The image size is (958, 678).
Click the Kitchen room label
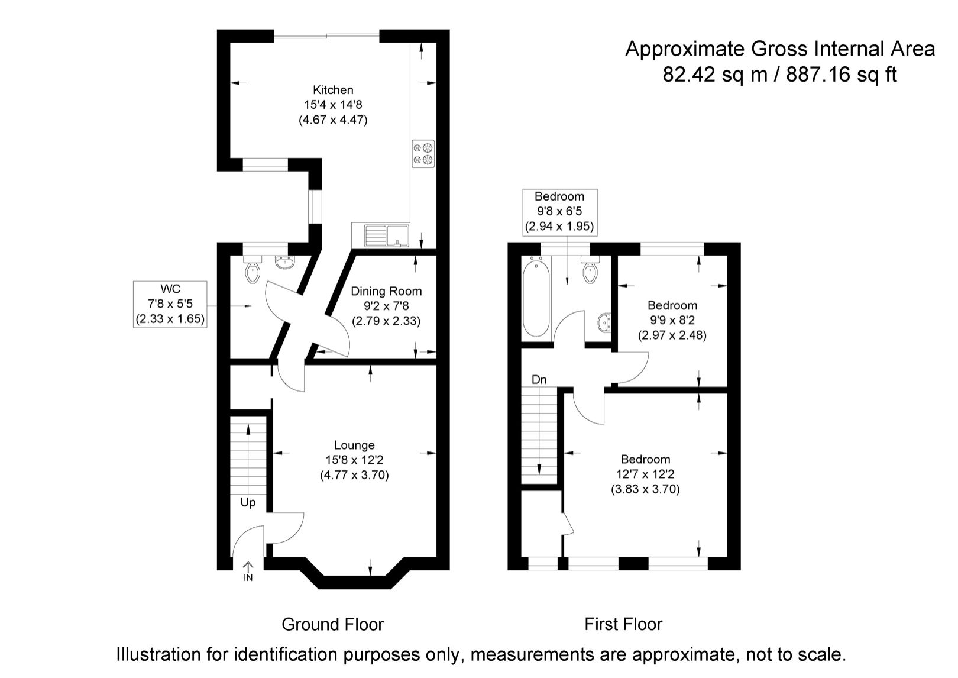[333, 91]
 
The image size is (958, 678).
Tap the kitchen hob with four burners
[423, 153]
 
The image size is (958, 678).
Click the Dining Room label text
[386, 291]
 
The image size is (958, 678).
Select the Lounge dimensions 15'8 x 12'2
[354, 460]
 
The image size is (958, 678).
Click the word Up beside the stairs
[248, 502]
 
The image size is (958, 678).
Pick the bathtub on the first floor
[536, 299]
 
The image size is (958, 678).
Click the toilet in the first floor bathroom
[590, 271]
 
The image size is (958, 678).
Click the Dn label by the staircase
[539, 380]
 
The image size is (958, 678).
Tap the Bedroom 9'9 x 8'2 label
[672, 320]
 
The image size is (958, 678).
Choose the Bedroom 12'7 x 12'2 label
[645, 474]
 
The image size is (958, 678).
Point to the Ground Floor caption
[332, 624]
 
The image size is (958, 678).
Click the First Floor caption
[623, 624]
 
